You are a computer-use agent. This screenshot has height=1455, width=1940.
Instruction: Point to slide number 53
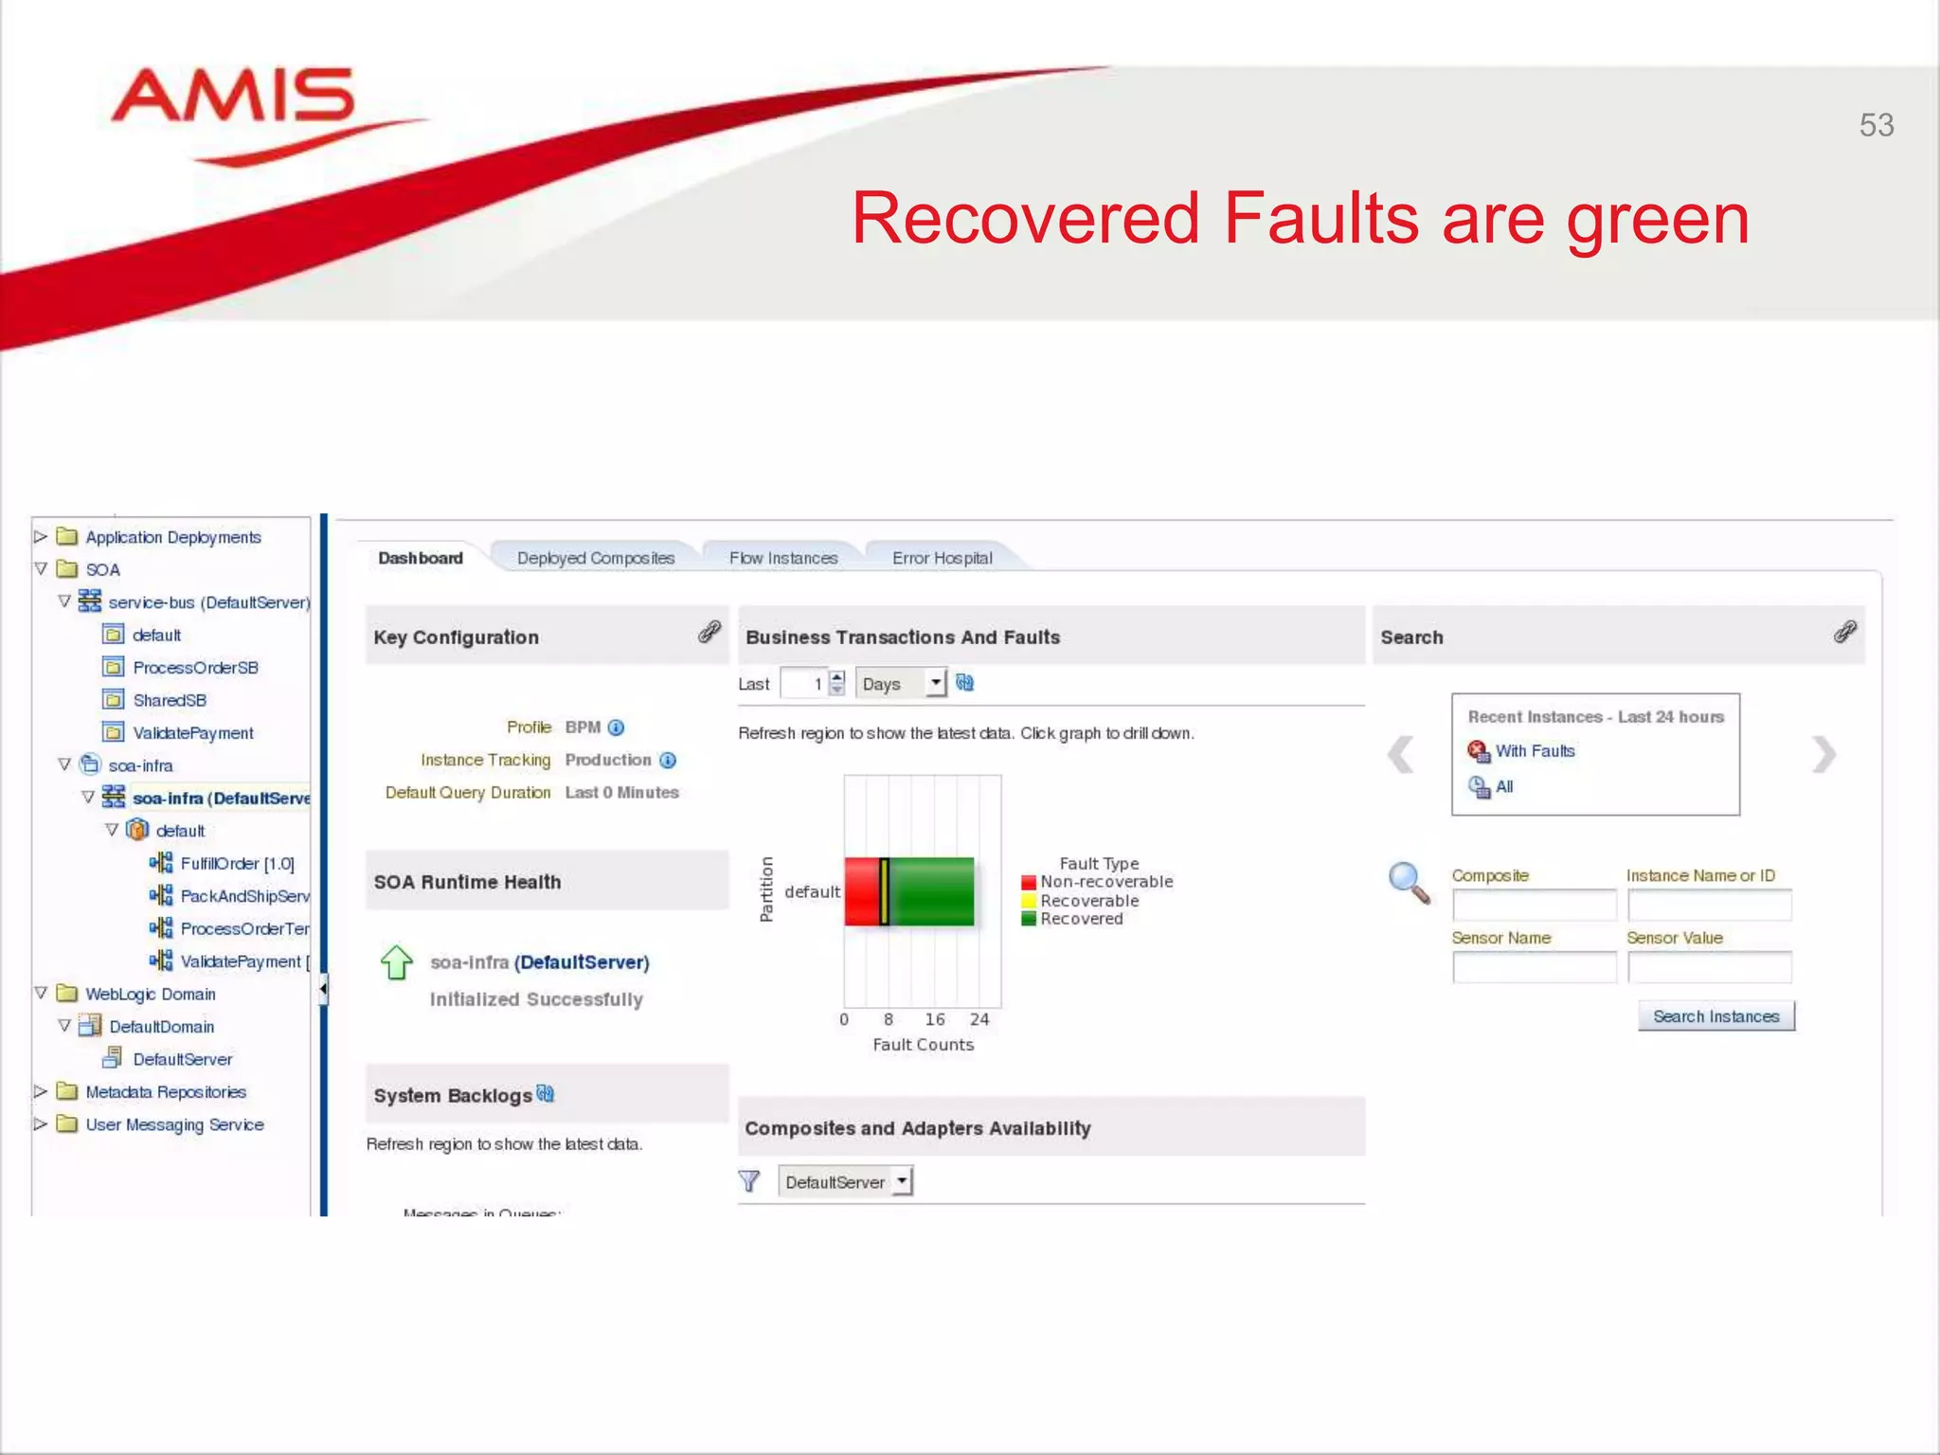[1876, 125]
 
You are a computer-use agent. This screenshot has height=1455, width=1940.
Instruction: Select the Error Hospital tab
[942, 558]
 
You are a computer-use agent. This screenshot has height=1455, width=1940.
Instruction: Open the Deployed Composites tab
[595, 558]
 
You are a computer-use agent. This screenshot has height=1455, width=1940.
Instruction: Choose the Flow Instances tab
[783, 558]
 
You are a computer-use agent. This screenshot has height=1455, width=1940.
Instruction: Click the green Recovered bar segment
[932, 891]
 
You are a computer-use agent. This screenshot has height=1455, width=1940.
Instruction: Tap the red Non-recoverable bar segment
[861, 891]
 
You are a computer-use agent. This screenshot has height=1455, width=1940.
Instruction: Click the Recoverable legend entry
[1088, 901]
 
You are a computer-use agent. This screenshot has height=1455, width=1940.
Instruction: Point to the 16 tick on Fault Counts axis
[934, 1019]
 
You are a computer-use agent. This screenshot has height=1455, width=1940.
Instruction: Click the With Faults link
[1535, 751]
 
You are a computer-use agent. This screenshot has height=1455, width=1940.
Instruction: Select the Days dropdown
[901, 684]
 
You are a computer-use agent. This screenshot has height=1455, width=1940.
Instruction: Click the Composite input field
[1534, 906]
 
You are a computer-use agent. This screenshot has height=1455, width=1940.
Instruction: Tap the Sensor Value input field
[1709, 967]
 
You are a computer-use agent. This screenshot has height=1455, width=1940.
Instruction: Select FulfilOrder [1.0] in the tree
[237, 863]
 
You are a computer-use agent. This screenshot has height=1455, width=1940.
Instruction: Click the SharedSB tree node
[169, 700]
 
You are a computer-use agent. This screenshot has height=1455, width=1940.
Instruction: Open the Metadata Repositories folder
[165, 1092]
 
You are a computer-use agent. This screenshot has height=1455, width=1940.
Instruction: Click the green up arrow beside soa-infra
[396, 962]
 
